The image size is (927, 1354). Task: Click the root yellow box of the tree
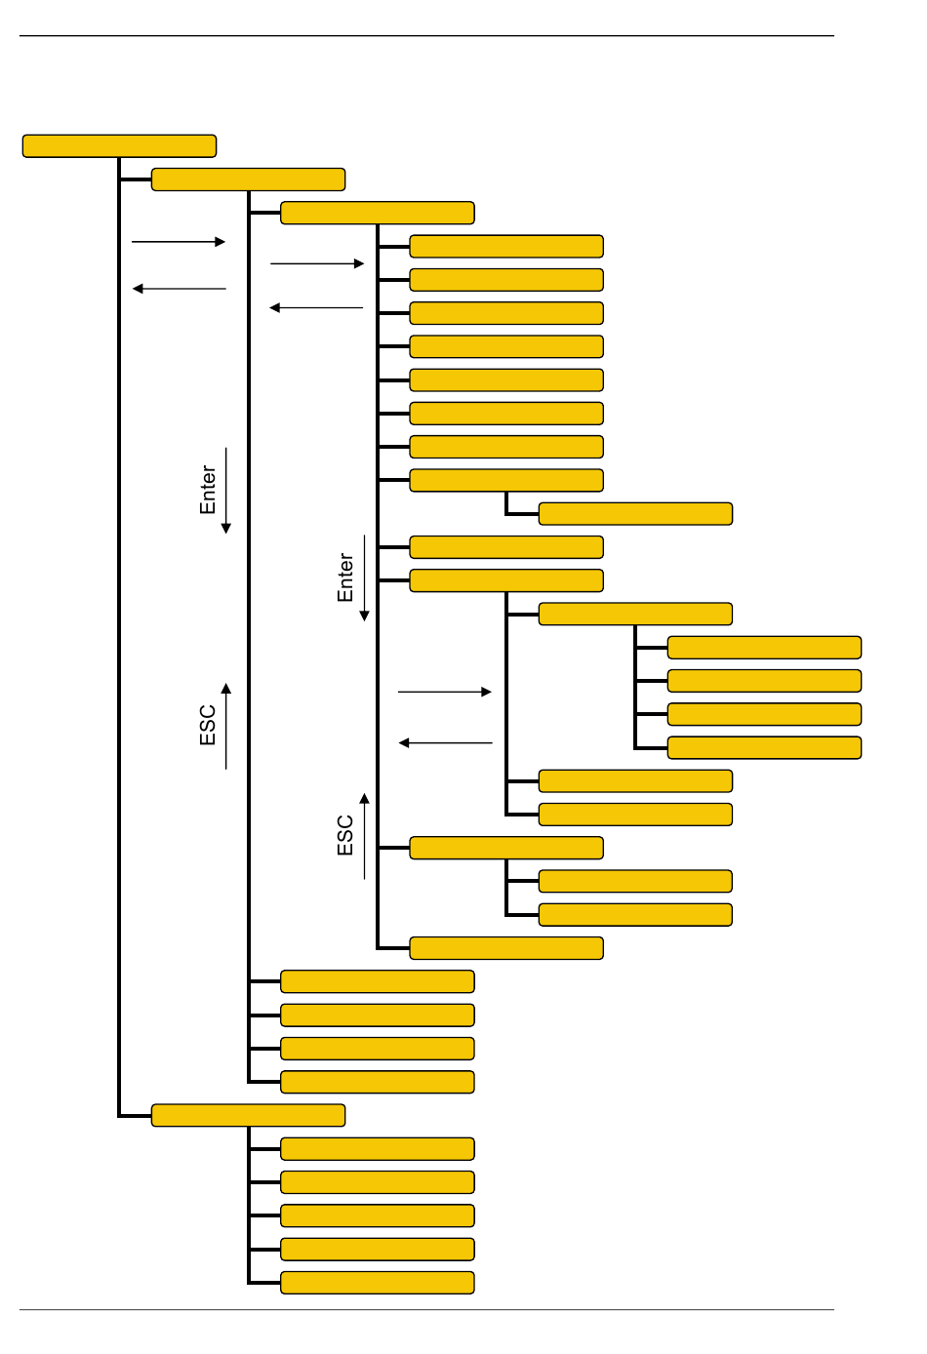tap(119, 146)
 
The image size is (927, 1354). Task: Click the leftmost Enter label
tap(208, 490)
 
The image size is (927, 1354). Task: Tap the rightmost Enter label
tap(345, 577)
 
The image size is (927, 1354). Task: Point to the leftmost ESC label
tap(208, 726)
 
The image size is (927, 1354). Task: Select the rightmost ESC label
tap(345, 836)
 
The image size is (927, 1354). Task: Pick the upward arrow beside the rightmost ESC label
tap(365, 836)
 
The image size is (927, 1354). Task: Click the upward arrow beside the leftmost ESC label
tap(226, 726)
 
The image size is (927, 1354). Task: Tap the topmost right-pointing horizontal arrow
tap(179, 242)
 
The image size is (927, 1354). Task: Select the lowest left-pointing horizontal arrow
tap(446, 743)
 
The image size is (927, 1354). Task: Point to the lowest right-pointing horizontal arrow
tap(445, 692)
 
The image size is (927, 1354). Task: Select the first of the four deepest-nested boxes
tap(764, 648)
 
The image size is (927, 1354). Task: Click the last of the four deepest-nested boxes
tap(764, 748)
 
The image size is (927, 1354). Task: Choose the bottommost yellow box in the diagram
tap(378, 1283)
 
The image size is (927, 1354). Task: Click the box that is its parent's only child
tap(635, 514)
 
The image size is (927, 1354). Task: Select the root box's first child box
tap(249, 179)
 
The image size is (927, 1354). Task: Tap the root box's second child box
tap(249, 1115)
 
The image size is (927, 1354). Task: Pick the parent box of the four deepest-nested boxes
tap(635, 615)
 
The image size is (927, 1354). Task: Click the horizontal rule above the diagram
tap(426, 36)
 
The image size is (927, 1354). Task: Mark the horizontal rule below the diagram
tap(426, 1309)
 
